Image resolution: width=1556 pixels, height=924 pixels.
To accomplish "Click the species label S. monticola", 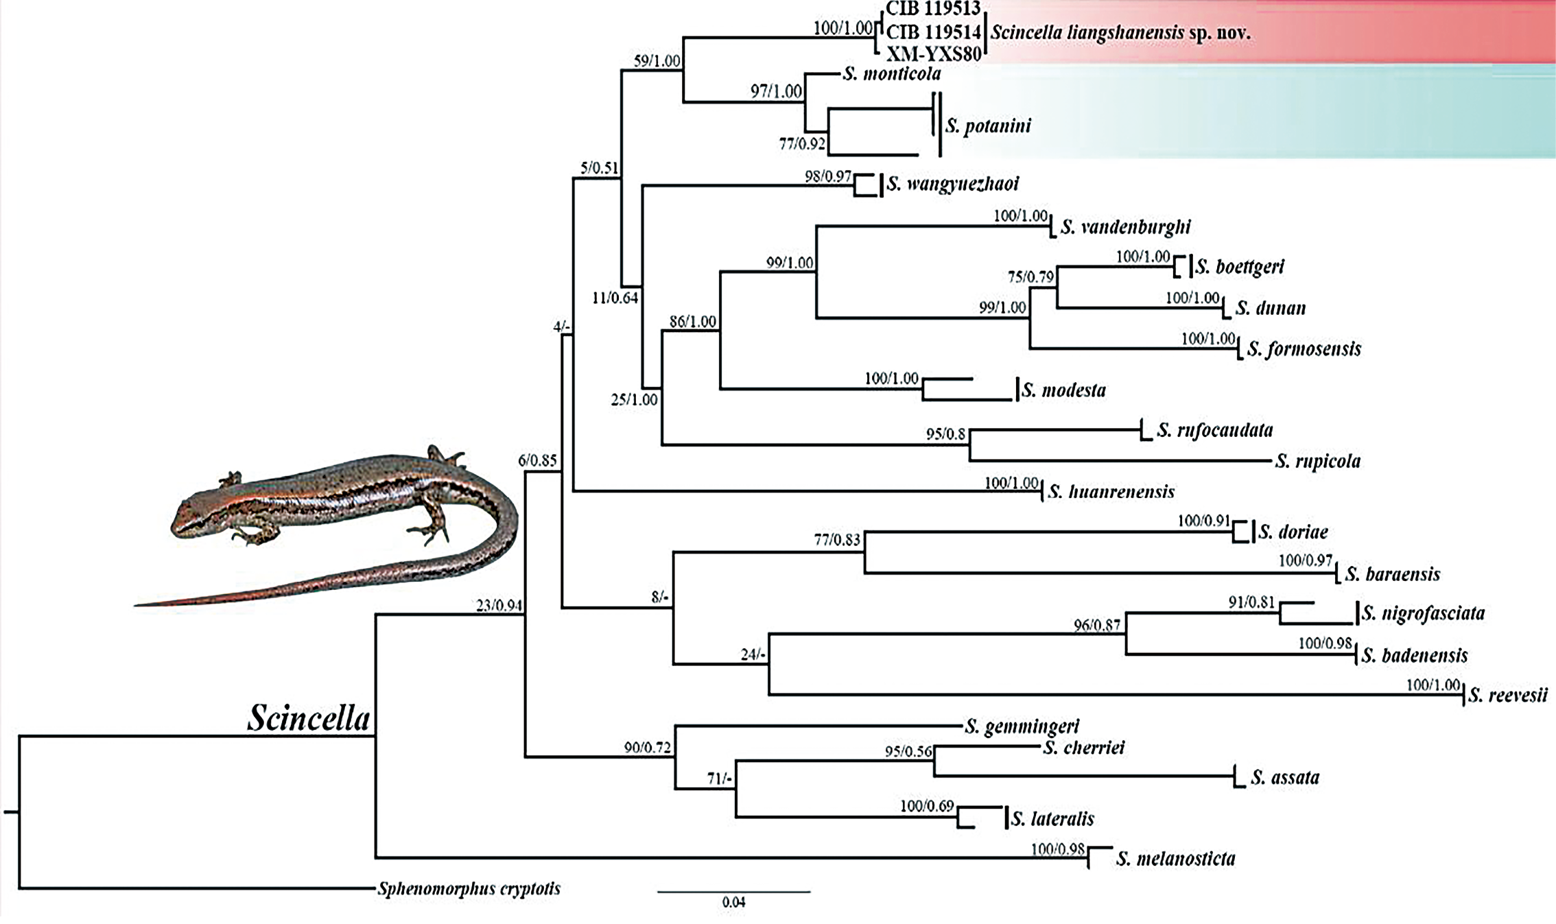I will pyautogui.click(x=892, y=74).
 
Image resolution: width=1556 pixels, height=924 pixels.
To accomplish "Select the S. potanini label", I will pyautogui.click(x=988, y=126).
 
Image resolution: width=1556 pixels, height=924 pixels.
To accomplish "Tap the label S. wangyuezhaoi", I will pyautogui.click(x=953, y=184).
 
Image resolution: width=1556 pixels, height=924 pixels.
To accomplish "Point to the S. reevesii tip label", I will pyautogui.click(x=1507, y=696).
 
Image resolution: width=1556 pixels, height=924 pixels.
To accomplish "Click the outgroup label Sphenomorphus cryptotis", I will pyautogui.click(x=469, y=889).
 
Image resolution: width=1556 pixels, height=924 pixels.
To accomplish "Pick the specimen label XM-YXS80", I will pyautogui.click(x=934, y=54).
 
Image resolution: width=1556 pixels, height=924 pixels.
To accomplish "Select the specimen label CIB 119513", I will pyautogui.click(x=933, y=8).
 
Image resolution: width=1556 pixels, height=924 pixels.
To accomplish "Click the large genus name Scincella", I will pyautogui.click(x=309, y=718).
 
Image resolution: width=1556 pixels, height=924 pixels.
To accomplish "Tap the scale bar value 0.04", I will pyautogui.click(x=733, y=903).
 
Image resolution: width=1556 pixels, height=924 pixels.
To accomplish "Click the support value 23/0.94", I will pyautogui.click(x=499, y=606).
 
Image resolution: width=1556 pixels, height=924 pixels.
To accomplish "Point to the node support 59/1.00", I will pyautogui.click(x=657, y=61).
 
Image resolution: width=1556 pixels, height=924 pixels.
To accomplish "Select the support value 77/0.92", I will pyautogui.click(x=802, y=144).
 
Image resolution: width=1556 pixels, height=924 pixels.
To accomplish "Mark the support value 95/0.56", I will pyautogui.click(x=908, y=752).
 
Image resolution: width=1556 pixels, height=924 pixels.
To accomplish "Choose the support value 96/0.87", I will pyautogui.click(x=1096, y=626).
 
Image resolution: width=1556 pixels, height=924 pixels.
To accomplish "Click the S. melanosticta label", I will pyautogui.click(x=1175, y=859).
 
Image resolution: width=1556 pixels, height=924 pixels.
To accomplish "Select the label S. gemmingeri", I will pyautogui.click(x=1022, y=726).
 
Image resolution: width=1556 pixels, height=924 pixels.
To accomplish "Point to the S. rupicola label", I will pyautogui.click(x=1317, y=461).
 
